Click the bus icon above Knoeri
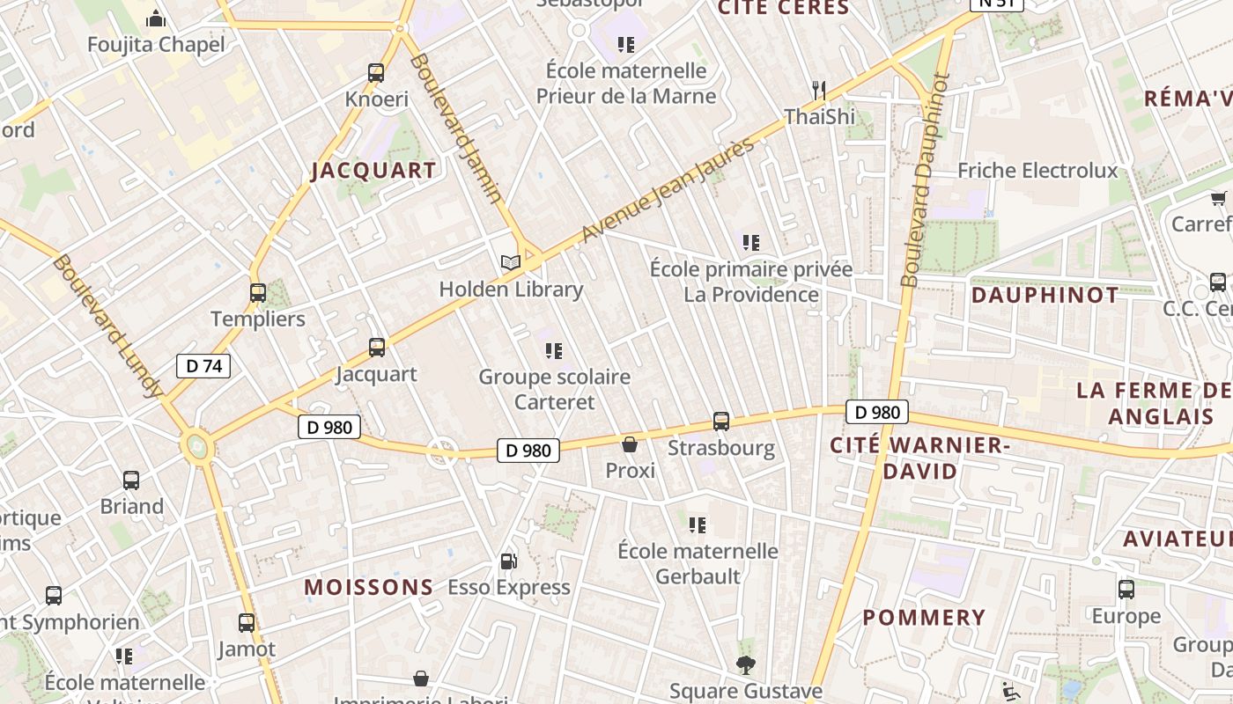tap(376, 73)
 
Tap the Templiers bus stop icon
tap(258, 293)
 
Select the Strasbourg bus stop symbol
tap(721, 422)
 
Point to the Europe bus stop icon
tap(1126, 590)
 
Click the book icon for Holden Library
tap(511, 262)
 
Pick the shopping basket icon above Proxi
tap(630, 444)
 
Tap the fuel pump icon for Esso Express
tap(508, 561)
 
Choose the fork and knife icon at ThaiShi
tap(819, 90)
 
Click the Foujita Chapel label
tap(157, 44)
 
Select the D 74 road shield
tap(203, 366)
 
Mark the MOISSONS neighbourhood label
tap(369, 587)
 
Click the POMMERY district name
tap(924, 618)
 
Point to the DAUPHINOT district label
tap(1045, 296)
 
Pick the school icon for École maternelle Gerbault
tap(698, 525)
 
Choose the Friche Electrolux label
tap(1037, 170)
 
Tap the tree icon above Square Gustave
tap(746, 664)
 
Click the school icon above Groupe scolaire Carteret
tap(554, 351)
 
